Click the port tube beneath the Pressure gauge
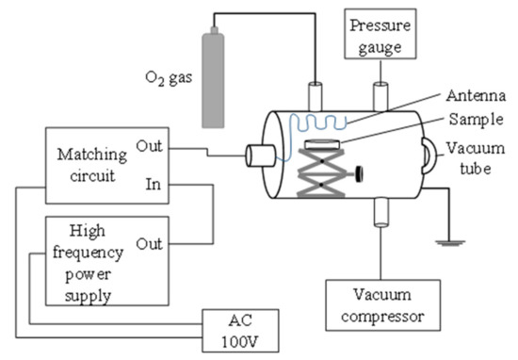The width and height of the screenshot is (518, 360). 382,96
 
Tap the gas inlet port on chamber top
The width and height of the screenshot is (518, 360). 316,96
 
